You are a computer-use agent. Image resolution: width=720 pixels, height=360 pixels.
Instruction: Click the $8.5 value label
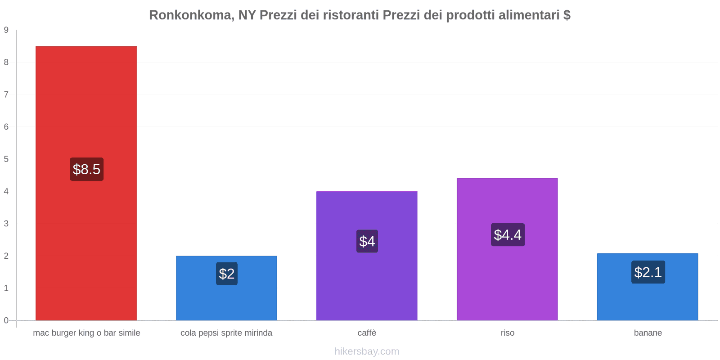(86, 169)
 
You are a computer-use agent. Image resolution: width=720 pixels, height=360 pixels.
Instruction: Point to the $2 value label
(227, 274)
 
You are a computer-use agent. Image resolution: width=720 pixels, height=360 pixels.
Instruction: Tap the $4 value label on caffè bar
(367, 241)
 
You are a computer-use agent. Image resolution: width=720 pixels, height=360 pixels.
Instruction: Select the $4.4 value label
(508, 234)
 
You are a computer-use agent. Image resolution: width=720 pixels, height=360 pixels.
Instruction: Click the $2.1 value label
(648, 272)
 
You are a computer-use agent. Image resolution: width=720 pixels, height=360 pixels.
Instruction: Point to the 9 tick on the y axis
(6, 30)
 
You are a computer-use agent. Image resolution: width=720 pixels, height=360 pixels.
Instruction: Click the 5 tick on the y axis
(6, 159)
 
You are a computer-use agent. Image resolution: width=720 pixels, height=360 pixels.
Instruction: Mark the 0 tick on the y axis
(6, 320)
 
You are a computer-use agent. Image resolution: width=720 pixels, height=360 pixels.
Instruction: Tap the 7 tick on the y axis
(6, 94)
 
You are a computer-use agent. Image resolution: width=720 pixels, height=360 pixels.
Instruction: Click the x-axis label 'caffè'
(367, 333)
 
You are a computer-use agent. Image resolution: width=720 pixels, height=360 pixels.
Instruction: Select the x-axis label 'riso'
(507, 333)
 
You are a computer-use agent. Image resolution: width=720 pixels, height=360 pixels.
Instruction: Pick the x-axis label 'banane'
(648, 333)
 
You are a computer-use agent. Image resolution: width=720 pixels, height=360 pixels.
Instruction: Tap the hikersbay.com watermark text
(367, 351)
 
